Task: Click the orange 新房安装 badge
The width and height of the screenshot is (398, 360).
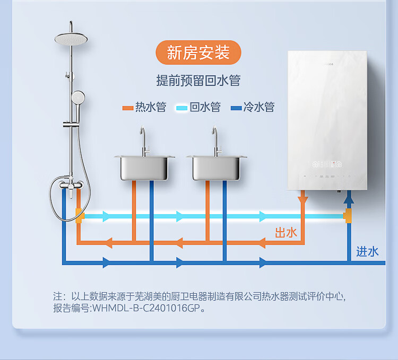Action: (x=198, y=53)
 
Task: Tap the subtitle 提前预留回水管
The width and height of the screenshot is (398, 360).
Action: (x=198, y=81)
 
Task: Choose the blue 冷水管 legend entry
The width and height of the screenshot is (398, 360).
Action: (x=253, y=108)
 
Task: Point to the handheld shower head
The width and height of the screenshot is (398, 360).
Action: (x=78, y=97)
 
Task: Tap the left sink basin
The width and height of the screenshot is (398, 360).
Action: (x=144, y=167)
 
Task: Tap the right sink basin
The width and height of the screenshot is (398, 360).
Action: (x=217, y=167)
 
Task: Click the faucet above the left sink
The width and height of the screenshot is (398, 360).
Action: (x=143, y=141)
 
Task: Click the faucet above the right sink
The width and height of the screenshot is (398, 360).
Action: (x=215, y=141)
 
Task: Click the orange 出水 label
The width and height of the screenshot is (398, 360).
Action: (x=285, y=233)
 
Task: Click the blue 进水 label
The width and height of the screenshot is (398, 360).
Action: (x=367, y=252)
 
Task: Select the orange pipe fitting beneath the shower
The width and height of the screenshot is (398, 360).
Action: (x=79, y=216)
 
